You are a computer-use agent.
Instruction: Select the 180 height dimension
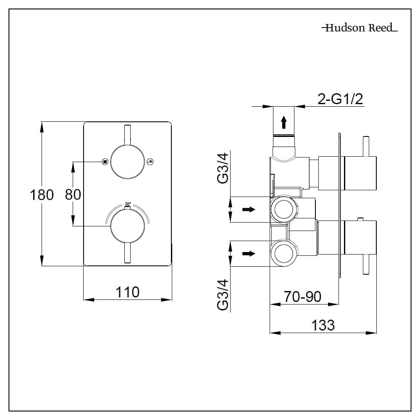point(42,195)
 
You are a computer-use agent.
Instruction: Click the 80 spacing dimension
point(73,195)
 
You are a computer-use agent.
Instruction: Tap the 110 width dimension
point(128,291)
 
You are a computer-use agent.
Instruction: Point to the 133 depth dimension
point(323,325)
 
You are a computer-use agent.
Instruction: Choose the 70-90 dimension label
point(302,297)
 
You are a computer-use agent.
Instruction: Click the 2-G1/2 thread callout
point(340,99)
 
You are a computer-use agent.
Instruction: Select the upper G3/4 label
point(224,168)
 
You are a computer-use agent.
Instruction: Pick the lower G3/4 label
point(224,295)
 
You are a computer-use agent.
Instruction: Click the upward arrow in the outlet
point(284,122)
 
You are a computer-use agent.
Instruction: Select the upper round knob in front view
point(128,162)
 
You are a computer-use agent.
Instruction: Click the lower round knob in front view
point(128,226)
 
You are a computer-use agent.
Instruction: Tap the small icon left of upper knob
point(105,161)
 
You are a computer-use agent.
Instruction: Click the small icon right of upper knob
point(151,161)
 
